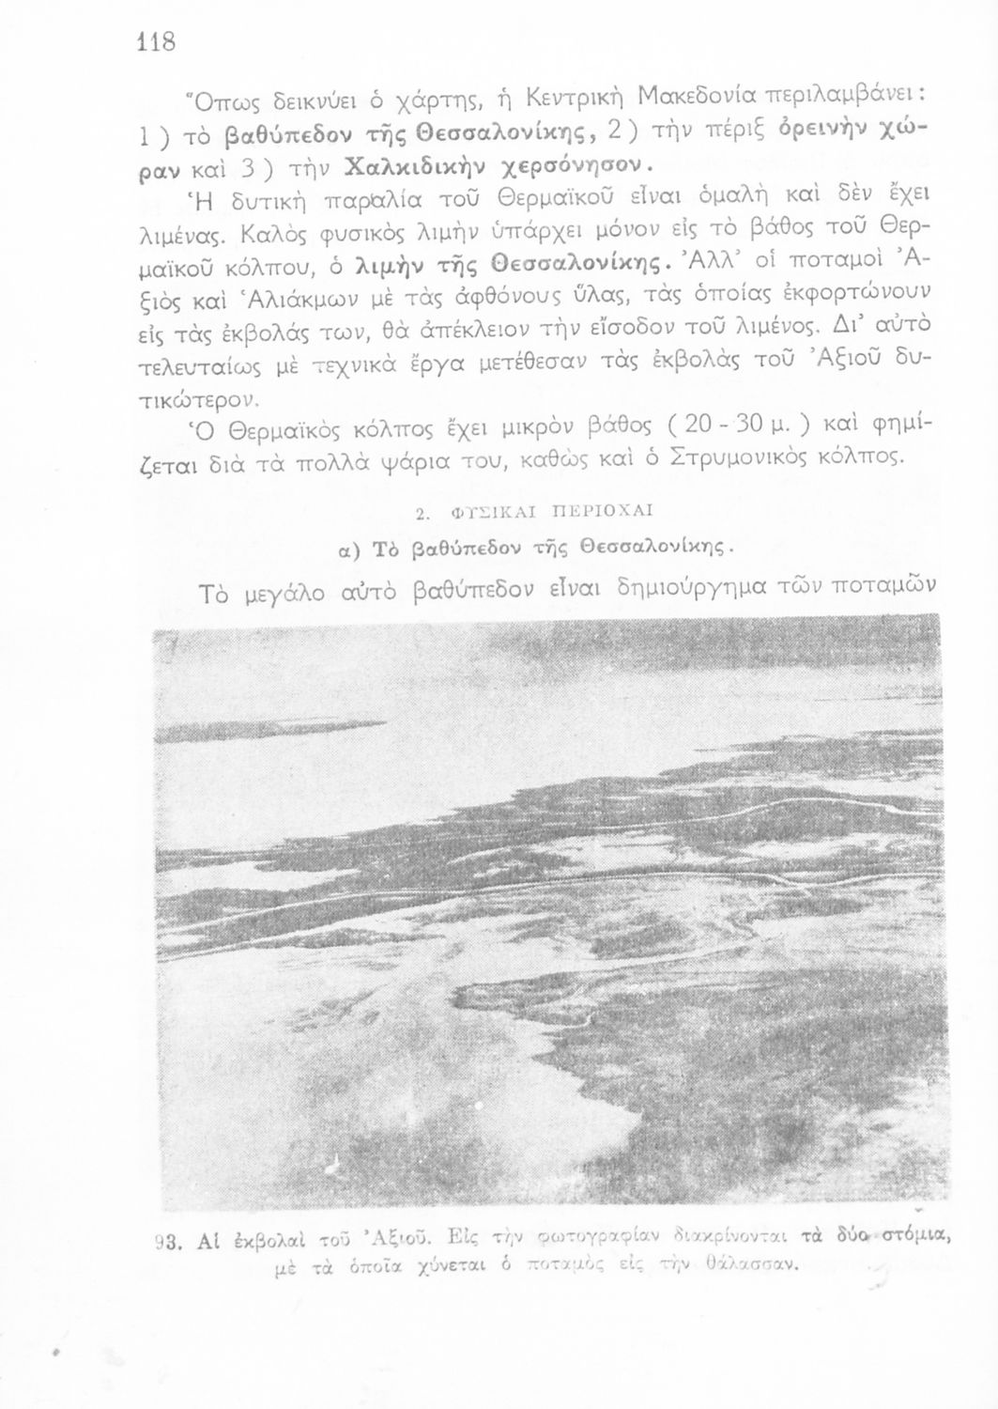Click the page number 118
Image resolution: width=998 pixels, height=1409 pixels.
[x=157, y=43]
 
